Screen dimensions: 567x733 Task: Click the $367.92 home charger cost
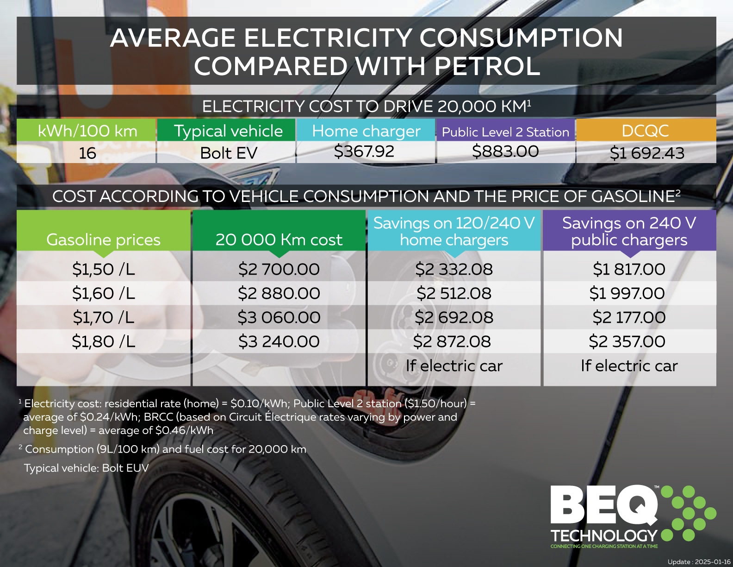coord(364,151)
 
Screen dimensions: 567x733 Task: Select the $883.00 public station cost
coord(505,151)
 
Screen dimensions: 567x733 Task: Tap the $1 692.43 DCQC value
coord(646,153)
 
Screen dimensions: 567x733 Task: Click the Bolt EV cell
coord(229,153)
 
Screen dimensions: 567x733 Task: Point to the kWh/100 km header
coord(87,131)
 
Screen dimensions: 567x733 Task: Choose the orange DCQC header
coord(646,131)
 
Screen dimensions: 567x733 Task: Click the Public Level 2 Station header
coord(505,132)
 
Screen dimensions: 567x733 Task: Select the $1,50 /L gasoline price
coord(104,269)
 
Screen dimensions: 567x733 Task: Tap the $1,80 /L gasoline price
coord(104,341)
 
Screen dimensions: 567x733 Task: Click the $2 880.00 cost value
coord(279,293)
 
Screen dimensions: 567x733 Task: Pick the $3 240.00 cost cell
coord(279,341)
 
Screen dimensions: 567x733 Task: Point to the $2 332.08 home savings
coord(454,269)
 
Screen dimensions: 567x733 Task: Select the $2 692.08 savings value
coord(454,317)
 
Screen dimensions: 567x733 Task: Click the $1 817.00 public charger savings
coord(629,269)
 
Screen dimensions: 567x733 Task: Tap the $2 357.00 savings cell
coord(627,341)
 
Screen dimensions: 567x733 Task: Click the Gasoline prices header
coord(104,239)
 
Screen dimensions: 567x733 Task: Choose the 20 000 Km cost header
coord(279,239)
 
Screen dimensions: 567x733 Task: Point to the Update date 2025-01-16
coord(699,561)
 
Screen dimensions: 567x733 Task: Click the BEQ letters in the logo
coord(604,506)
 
